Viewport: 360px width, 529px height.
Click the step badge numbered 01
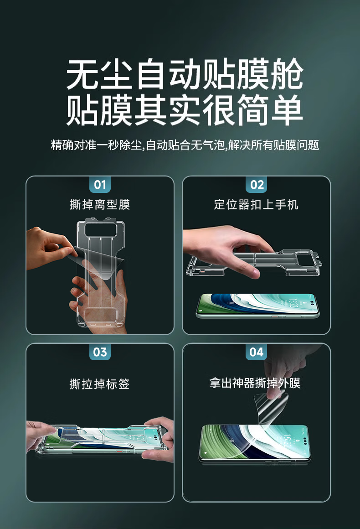[x=100, y=185]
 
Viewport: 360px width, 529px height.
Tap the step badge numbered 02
[x=257, y=185]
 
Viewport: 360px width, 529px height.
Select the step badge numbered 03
[x=100, y=352]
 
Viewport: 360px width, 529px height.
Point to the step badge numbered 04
[x=257, y=352]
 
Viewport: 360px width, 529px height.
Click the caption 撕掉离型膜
[x=100, y=204]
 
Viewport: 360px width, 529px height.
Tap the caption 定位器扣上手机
[x=256, y=204]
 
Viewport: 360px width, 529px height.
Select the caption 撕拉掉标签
[x=99, y=384]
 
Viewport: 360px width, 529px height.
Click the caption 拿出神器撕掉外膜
[x=255, y=383]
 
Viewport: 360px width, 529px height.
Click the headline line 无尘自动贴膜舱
[x=185, y=74]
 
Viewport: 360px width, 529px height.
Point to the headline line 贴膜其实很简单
[x=185, y=110]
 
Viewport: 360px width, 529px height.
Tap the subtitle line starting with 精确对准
[x=185, y=145]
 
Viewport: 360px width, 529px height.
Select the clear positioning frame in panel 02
[x=253, y=263]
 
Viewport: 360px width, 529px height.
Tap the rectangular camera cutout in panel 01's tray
[x=101, y=230]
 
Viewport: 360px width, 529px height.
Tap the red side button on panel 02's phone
[x=275, y=317]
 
